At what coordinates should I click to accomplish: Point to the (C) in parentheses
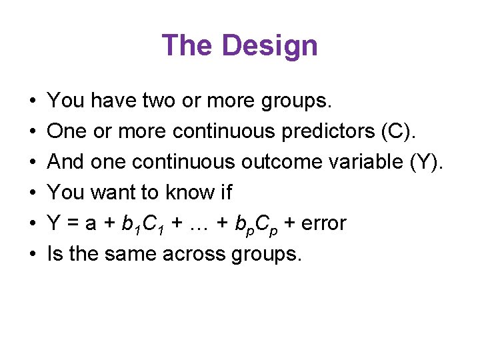(x=398, y=131)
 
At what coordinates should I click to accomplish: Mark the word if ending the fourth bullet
(x=225, y=193)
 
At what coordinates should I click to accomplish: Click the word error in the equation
(x=323, y=223)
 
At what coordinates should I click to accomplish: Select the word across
(x=199, y=253)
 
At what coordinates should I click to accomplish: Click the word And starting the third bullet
(x=65, y=162)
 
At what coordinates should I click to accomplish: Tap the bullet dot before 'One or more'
(x=33, y=132)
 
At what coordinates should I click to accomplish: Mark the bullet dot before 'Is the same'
(x=33, y=254)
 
